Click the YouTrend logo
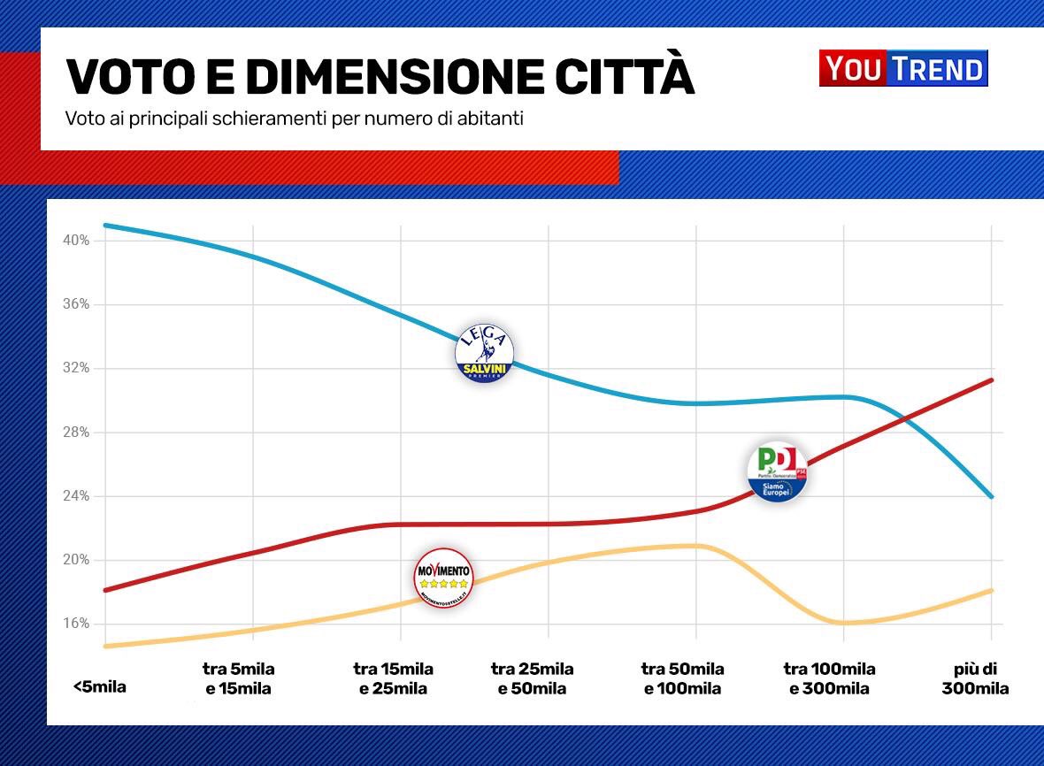(903, 68)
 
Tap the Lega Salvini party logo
(484, 354)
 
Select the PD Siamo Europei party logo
(777, 471)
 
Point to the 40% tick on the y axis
(76, 241)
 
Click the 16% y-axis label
(76, 624)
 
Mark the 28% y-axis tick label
(76, 433)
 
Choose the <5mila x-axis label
(99, 686)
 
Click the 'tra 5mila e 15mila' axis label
(238, 678)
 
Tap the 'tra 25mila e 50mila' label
(533, 678)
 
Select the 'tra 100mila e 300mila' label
(829, 678)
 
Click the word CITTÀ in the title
(625, 77)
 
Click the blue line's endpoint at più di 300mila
(992, 496)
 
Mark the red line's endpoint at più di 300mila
(992, 380)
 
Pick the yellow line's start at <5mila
(105, 646)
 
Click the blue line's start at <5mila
(105, 225)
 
